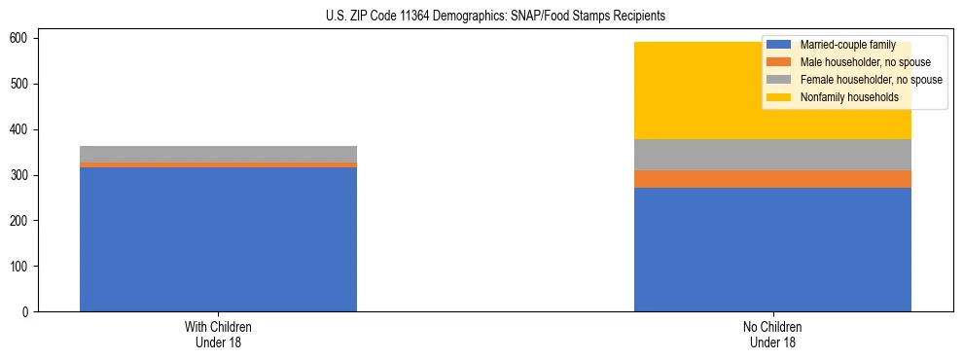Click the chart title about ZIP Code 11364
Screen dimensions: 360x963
point(482,17)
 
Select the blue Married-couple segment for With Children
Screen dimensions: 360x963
point(218,239)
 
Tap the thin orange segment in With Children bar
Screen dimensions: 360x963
point(218,165)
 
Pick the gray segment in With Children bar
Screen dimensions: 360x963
point(218,154)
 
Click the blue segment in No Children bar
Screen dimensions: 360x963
point(772,249)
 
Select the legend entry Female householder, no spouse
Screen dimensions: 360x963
point(871,80)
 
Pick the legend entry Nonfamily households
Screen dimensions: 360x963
point(849,97)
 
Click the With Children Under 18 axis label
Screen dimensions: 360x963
point(218,334)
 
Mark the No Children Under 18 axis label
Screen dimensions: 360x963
point(772,334)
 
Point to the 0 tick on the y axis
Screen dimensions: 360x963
point(26,312)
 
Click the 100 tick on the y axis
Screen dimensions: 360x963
point(20,267)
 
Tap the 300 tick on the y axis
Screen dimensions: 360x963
point(20,175)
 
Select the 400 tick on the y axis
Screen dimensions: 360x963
point(20,129)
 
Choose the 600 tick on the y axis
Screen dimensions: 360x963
point(20,38)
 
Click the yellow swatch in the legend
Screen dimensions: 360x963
point(779,97)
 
